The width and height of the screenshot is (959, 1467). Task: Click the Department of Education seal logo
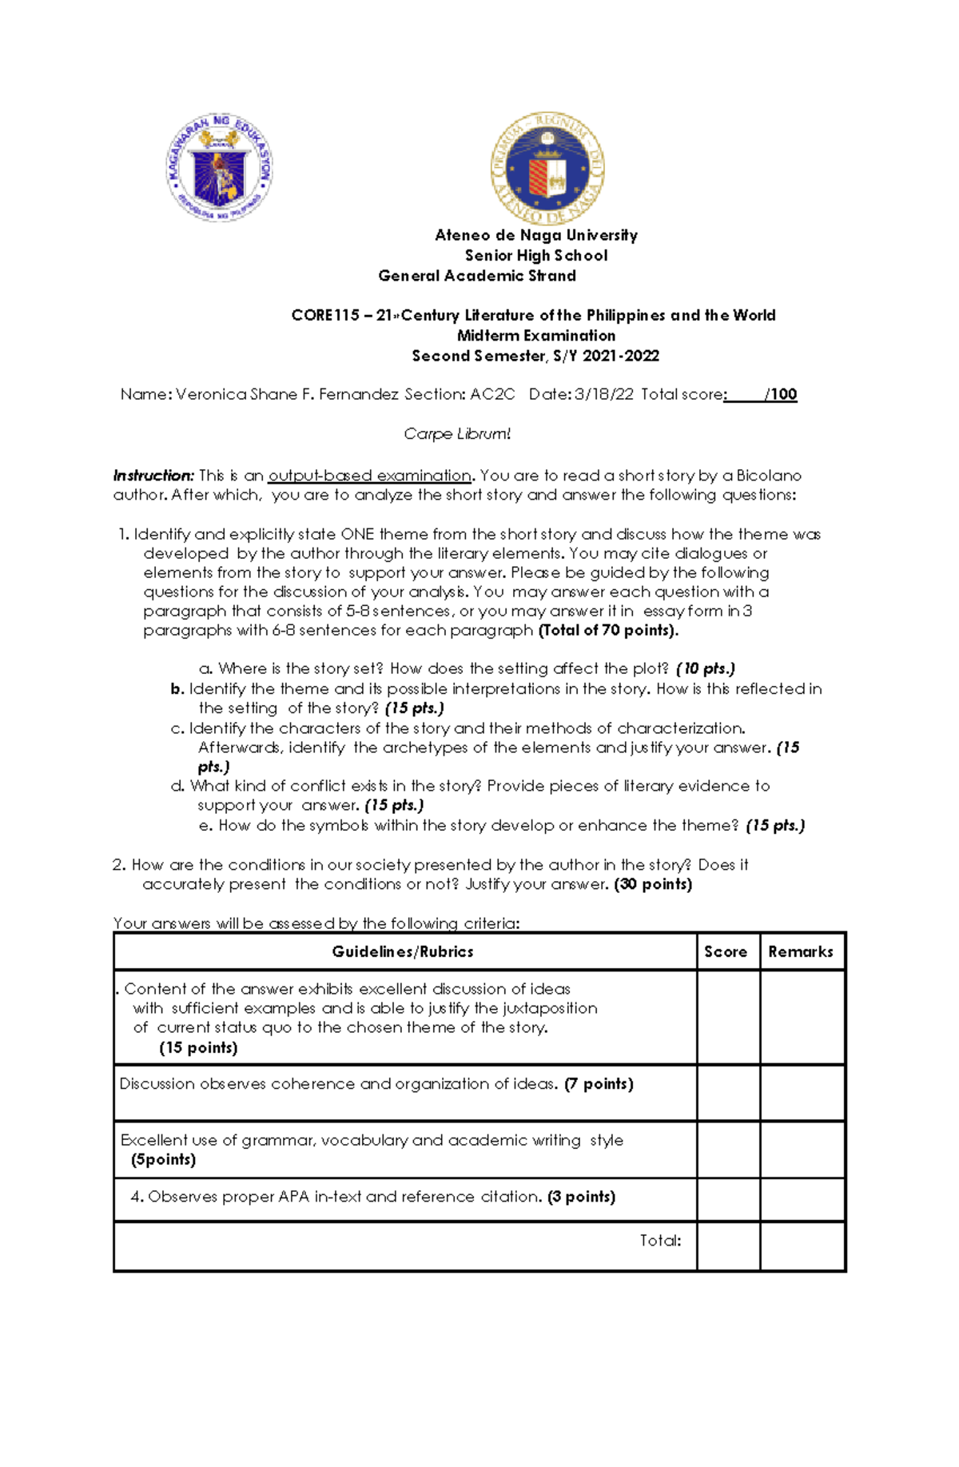click(219, 166)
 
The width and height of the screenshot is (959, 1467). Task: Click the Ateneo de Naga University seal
click(547, 169)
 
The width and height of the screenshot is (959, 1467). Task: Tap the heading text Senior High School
click(536, 255)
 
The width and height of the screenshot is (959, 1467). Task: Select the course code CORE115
click(324, 315)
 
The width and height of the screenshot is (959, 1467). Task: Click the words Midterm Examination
click(536, 336)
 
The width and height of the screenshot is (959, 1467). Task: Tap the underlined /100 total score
click(781, 394)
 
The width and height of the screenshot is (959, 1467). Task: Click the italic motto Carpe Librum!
click(456, 434)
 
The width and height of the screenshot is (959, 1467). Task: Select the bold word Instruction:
click(153, 476)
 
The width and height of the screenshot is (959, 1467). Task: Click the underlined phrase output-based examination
click(369, 476)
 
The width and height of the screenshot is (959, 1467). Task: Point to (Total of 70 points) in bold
click(608, 630)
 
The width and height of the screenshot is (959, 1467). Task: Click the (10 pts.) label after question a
click(705, 668)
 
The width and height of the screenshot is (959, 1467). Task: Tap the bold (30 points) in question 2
click(653, 884)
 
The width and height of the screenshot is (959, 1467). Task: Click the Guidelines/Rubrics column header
click(403, 951)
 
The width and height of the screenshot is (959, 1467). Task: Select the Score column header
click(726, 951)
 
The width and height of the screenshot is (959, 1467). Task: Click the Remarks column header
click(800, 951)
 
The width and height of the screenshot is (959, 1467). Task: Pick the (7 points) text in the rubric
click(599, 1084)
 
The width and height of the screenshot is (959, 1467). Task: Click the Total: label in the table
click(660, 1241)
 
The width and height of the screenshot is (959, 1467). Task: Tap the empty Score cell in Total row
click(728, 1246)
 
